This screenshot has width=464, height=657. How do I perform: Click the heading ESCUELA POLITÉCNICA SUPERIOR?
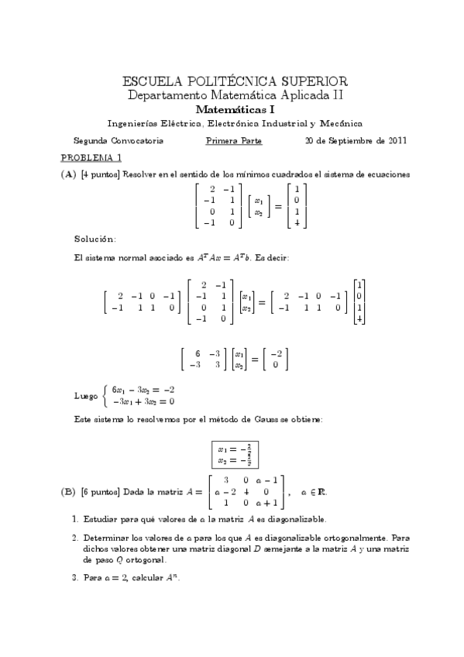(235, 81)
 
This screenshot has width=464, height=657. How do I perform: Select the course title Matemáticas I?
(235, 109)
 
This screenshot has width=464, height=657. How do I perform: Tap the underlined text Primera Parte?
(233, 141)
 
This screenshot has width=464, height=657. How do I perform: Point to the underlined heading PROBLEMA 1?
(87, 157)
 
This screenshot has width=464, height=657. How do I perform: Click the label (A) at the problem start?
(68, 174)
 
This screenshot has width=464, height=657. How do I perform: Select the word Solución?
(95, 237)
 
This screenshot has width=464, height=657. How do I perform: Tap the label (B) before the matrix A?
(68, 491)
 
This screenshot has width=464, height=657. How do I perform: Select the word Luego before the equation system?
(85, 396)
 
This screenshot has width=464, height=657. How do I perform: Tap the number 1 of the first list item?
(74, 518)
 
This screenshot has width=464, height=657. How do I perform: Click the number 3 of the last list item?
(74, 577)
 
